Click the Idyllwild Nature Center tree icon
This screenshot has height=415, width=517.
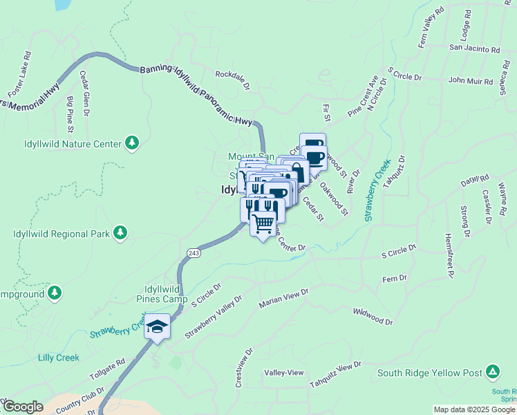[x=132, y=143]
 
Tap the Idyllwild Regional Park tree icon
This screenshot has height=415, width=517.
[x=121, y=232]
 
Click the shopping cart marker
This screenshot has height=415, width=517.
[x=263, y=223]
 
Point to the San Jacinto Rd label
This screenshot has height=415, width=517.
[x=474, y=49]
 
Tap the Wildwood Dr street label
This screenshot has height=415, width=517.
[x=372, y=317]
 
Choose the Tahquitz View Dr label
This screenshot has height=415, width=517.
[x=335, y=374]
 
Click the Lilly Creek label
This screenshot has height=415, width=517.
[x=59, y=358]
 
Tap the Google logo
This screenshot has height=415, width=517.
[x=23, y=407]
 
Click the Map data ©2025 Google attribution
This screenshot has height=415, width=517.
[x=473, y=409]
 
